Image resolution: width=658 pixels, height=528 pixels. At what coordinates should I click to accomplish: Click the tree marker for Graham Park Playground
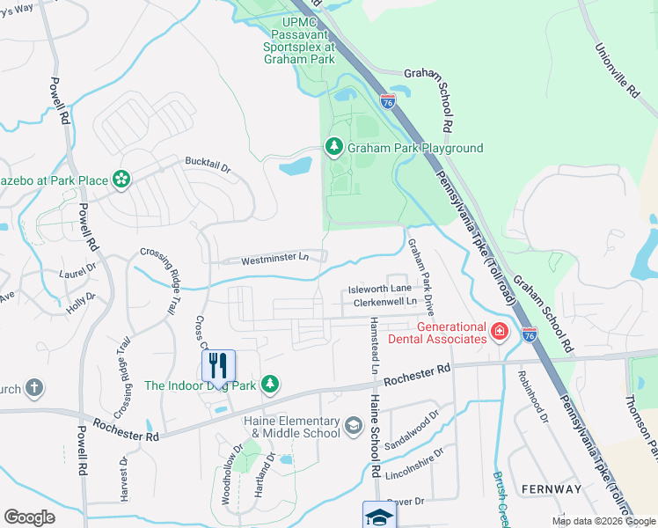334,147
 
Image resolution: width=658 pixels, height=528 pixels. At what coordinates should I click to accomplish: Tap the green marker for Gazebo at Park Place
121,180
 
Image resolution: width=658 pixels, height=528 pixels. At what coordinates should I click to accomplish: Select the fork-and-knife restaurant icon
218,365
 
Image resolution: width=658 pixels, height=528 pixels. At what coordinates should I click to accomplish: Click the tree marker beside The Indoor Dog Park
271,384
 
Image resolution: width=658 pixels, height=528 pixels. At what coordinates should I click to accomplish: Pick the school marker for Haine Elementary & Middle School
353,427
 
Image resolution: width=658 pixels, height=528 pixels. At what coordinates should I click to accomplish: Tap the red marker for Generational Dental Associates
499,332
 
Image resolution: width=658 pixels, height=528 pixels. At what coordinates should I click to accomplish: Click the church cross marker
33,387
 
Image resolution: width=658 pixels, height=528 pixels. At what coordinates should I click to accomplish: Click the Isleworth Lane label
379,289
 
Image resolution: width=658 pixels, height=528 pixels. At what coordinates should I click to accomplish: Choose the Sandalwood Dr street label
412,430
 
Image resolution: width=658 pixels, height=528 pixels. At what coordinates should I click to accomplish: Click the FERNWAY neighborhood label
551,489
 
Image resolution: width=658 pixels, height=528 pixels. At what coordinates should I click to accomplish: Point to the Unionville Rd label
616,70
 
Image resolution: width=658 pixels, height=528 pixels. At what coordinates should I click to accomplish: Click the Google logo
30,517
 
